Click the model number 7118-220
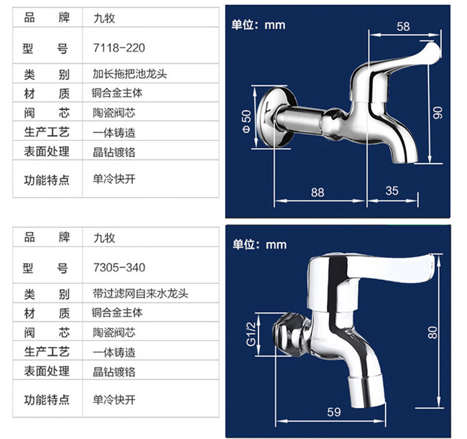point(119,47)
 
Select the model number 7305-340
point(119,267)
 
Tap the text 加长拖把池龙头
point(129,74)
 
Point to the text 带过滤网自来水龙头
point(140,294)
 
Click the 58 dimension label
point(403,27)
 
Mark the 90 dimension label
point(438,113)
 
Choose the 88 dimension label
point(318,193)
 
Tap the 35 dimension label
point(392,190)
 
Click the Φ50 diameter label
point(246,121)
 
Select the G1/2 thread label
point(251,334)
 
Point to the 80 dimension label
point(433,333)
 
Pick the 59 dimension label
point(333,412)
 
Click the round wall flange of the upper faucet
point(274,117)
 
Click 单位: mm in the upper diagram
point(258,25)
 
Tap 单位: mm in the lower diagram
point(259,245)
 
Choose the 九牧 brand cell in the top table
point(104,18)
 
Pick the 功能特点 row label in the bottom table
point(47,399)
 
